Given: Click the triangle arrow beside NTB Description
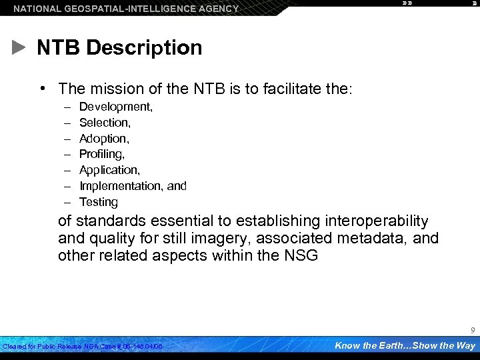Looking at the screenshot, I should (x=19, y=48).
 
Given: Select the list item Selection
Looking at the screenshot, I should (x=105, y=123).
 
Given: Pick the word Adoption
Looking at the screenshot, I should (x=103, y=139).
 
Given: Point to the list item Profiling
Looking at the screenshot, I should (x=101, y=154).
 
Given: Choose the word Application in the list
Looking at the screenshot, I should (x=109, y=170).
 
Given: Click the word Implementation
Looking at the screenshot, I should (x=121, y=186).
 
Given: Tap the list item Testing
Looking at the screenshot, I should (x=98, y=202).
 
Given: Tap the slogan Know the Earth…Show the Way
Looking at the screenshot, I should (x=405, y=345).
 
